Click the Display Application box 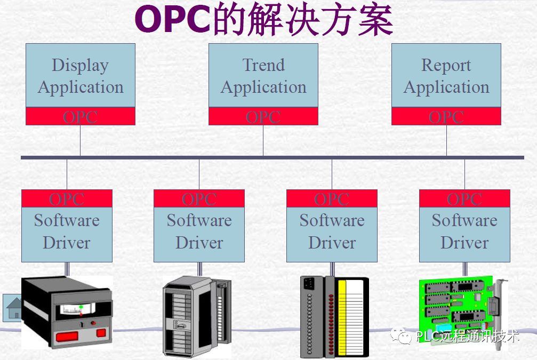(80, 76)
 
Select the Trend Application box (263, 76)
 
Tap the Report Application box (446, 76)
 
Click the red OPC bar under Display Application (80, 116)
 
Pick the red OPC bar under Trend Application (263, 116)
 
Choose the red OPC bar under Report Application (446, 116)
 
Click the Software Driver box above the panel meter (67, 232)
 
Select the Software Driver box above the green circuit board (464, 232)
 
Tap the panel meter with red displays (67, 312)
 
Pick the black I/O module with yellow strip (334, 316)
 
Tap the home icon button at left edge (13, 308)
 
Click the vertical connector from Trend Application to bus (263, 140)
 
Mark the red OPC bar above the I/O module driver (332, 198)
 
